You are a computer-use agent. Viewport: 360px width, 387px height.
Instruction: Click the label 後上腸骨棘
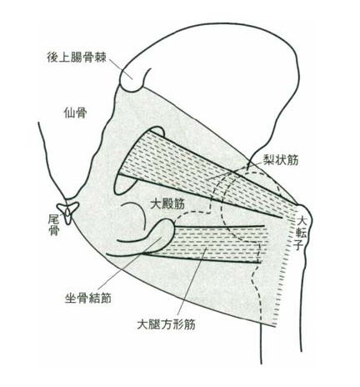(x=77, y=58)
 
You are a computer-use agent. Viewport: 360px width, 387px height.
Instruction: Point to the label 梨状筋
(x=281, y=160)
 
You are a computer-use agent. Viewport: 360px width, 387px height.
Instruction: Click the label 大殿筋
(x=167, y=204)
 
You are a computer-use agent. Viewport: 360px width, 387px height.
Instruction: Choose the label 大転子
(x=302, y=234)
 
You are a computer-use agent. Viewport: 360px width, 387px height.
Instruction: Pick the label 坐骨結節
(x=88, y=299)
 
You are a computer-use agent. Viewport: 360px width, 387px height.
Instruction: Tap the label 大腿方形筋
(x=166, y=324)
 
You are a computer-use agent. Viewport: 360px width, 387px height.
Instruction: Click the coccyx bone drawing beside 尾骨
(x=68, y=212)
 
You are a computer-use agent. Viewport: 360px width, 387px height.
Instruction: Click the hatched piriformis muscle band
(x=206, y=173)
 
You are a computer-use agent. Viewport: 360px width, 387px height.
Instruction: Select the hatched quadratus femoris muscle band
(x=217, y=244)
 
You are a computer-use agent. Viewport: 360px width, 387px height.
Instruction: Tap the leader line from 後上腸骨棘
(x=120, y=69)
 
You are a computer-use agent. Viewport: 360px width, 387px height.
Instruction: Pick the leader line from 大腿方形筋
(x=192, y=283)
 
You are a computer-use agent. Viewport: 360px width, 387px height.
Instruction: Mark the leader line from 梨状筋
(x=236, y=171)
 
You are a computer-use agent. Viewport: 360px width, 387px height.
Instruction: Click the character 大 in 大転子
(x=302, y=222)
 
